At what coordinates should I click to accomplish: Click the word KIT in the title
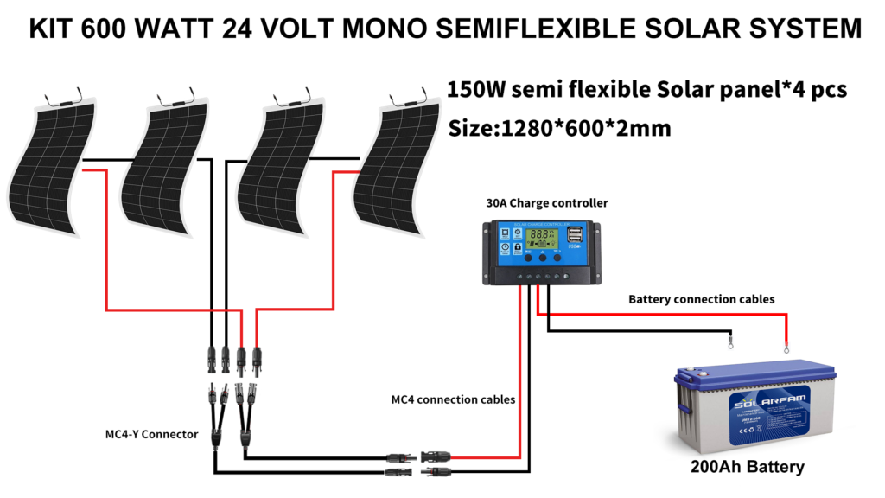[54, 29]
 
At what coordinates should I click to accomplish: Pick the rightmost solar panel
[393, 164]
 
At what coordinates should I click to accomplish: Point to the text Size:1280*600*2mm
[560, 128]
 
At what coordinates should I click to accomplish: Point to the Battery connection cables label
[701, 299]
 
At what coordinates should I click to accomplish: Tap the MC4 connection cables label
[453, 399]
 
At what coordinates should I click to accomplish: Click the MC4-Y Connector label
[157, 433]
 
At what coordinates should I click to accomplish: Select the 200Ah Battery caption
[747, 467]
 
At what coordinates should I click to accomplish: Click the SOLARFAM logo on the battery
[758, 404]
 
